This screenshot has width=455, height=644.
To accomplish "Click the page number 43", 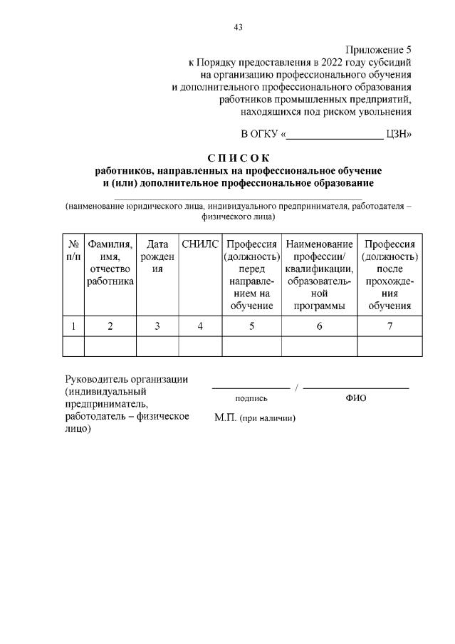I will tap(238, 27).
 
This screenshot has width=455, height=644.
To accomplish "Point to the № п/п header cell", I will tap(73, 250).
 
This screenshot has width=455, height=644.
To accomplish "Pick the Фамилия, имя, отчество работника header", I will tap(110, 262).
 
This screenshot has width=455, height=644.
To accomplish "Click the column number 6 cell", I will tap(319, 326).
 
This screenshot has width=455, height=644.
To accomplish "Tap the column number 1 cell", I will tap(73, 326).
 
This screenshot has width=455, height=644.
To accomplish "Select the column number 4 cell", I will tap(200, 326).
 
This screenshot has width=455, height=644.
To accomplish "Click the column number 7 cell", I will tap(389, 326).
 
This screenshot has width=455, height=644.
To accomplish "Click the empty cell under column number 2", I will tap(110, 346).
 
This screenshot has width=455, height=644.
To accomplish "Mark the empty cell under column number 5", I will tap(252, 346).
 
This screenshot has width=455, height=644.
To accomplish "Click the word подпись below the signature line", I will tap(251, 399).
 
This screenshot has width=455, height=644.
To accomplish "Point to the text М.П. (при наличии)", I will tap(255, 418).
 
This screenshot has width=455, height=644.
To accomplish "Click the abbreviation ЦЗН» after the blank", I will tap(399, 133).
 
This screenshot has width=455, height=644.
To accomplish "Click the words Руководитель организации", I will tap(126, 379).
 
